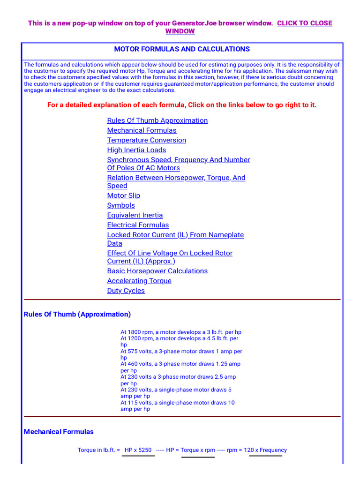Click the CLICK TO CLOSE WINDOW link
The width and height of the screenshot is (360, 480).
304,23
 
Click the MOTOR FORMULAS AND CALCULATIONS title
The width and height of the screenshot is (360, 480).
182,49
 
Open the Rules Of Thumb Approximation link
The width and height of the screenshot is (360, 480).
157,120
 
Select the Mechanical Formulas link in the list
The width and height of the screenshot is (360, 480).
142,130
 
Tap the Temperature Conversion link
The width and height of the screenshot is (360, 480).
146,140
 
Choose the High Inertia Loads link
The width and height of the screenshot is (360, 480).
136,150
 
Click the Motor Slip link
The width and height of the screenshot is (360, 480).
123,195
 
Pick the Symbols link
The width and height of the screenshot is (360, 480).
121,205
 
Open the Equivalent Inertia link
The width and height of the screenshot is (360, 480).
135,215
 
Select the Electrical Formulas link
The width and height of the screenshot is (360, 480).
138,225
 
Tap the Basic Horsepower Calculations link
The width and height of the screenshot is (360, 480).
157,271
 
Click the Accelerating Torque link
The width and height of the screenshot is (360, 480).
139,281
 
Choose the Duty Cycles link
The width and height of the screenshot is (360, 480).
126,291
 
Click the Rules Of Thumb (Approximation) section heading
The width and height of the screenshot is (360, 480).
77,314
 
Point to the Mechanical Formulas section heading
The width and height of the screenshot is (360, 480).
59,432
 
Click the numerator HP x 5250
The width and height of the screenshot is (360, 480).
138,450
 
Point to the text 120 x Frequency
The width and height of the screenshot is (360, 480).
265,450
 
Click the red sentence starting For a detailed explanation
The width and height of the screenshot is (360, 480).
182,105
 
